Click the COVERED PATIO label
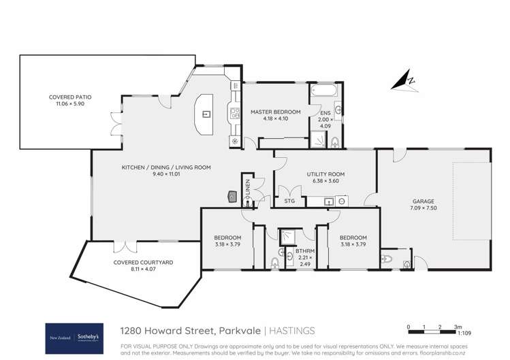[70, 97]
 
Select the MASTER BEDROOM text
[275, 111]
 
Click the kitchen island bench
[204, 115]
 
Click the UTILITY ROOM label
[325, 174]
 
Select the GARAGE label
[423, 201]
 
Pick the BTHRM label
[304, 251]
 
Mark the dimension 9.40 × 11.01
[166, 175]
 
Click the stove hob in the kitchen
[234, 113]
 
